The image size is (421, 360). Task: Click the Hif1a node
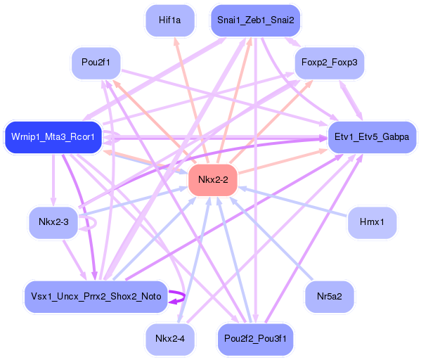coord(170,21)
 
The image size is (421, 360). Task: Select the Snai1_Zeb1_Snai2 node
coord(256,21)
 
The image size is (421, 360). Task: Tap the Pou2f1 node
coord(96,63)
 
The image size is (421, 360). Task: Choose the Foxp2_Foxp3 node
coord(329,63)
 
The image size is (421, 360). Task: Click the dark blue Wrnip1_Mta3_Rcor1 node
coord(53,136)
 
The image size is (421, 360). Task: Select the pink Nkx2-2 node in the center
coord(213,180)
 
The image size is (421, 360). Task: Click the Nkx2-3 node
coord(53,223)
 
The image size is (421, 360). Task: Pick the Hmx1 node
coord(372,223)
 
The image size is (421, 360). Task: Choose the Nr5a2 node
coord(329,296)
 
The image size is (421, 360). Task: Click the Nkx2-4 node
coord(169,339)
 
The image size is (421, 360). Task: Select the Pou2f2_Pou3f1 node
coord(256,339)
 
